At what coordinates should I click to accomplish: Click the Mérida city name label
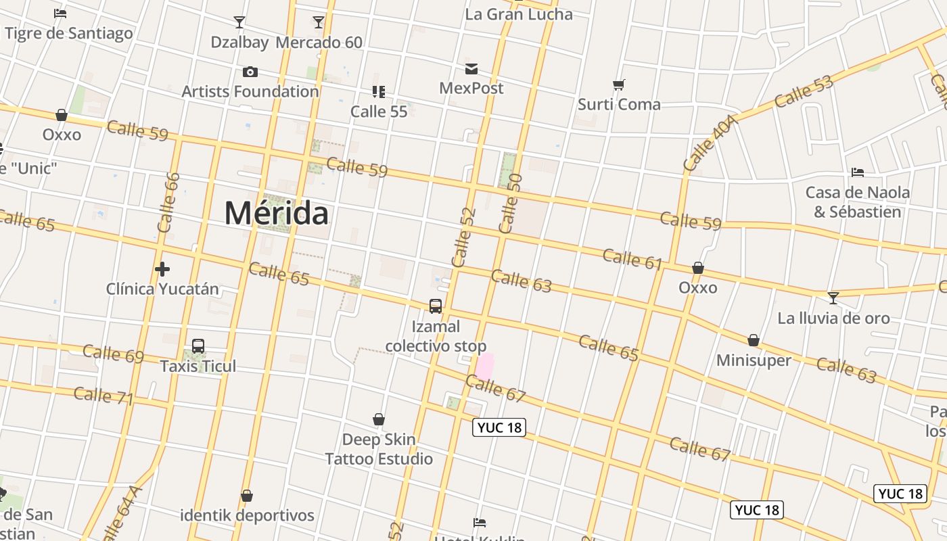pos(277,213)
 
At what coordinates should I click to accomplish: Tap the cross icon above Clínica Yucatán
pos(162,270)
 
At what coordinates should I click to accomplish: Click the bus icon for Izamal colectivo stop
pos(436,306)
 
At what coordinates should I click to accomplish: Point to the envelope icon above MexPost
pos(471,69)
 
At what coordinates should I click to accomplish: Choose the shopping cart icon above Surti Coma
pos(619,85)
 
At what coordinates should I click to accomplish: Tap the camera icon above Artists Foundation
pos(250,72)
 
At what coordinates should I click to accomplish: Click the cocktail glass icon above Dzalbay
pos(239,22)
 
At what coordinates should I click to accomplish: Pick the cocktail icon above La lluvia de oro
pos(833,298)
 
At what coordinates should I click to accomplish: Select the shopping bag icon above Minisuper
pos(754,340)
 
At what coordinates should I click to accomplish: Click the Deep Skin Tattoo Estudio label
pos(379,449)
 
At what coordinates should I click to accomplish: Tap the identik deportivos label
pos(247,515)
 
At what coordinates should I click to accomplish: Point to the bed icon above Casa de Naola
pos(858,172)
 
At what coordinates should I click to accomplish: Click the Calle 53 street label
pos(804,92)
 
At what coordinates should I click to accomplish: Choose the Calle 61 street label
pos(632,259)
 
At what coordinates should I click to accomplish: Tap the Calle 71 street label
pos(103,396)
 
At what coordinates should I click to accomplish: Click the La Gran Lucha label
pos(519,14)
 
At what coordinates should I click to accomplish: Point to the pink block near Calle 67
pos(484,367)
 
